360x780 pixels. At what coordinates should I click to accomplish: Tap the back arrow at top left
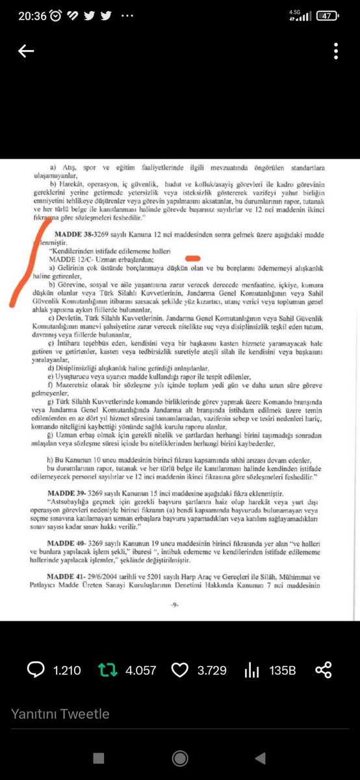tap(26, 51)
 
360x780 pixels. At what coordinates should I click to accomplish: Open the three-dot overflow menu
tap(336, 51)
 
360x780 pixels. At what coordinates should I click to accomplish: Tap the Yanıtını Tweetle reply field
tap(60, 714)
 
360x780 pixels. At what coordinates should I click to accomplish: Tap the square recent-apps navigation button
tap(99, 759)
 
